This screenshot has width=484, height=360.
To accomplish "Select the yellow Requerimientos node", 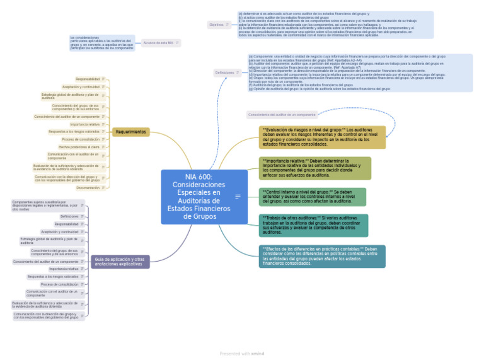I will (131, 132).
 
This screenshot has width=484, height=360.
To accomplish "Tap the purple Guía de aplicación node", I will (119, 262).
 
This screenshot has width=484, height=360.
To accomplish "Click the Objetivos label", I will (216, 25).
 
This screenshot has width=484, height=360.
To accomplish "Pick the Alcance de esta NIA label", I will (158, 43).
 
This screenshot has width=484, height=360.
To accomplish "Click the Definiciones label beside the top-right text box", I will (225, 73).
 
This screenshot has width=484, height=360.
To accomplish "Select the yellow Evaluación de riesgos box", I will (322, 137).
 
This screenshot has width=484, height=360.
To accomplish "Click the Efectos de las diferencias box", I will (322, 255).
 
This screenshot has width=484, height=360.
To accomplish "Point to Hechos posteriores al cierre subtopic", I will (79, 146).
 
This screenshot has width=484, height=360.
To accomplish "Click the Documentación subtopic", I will (88, 188).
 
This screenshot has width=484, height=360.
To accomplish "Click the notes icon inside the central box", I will (238, 197).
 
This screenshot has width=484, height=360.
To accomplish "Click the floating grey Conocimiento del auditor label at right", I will (282, 115).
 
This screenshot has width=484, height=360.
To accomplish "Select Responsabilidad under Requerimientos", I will (88, 79).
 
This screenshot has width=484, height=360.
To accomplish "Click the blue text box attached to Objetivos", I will (335, 24).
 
